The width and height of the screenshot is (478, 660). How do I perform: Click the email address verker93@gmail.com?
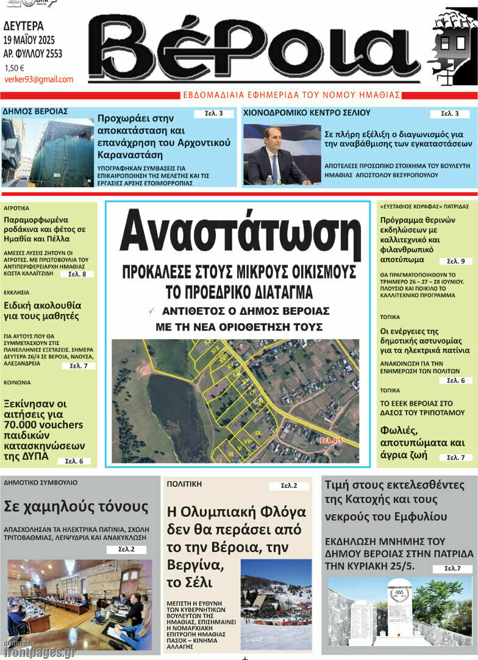coord(38,79)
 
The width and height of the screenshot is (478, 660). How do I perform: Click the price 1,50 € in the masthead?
coord(14,68)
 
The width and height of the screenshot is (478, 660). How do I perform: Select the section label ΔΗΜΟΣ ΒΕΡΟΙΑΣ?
coord(35,112)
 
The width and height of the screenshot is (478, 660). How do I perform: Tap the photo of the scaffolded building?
coord(47,152)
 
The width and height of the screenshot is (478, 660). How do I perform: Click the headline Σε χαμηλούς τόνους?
coord(76,506)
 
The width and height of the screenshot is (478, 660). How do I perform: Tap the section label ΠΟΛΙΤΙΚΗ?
coord(184,484)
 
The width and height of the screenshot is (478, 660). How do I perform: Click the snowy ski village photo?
coord(276,603)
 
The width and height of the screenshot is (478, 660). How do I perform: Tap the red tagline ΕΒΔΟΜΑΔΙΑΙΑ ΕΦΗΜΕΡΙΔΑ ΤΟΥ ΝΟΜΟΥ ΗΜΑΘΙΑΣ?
coord(291,95)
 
